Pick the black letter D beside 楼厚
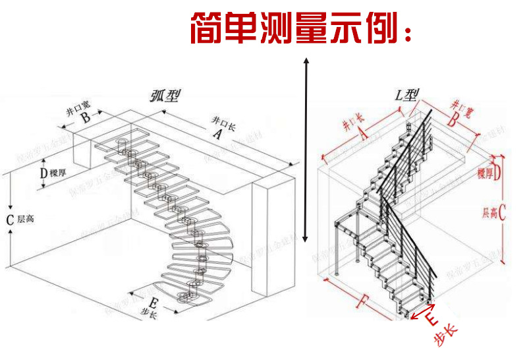[x=43, y=173]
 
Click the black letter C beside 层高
[x=10, y=220]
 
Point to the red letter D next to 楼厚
[x=497, y=173]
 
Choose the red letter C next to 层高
[x=502, y=213]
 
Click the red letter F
[x=361, y=303]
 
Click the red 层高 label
[x=489, y=213]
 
